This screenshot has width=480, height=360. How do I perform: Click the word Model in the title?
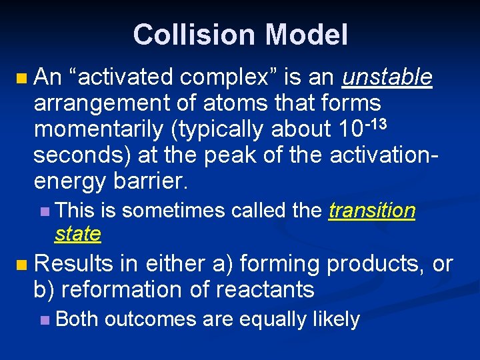[x=309, y=35]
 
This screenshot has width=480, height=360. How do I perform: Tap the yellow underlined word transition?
[x=372, y=211]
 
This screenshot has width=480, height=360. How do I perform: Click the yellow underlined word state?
[x=78, y=234]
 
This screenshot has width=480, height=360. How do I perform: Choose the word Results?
[x=74, y=264]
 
